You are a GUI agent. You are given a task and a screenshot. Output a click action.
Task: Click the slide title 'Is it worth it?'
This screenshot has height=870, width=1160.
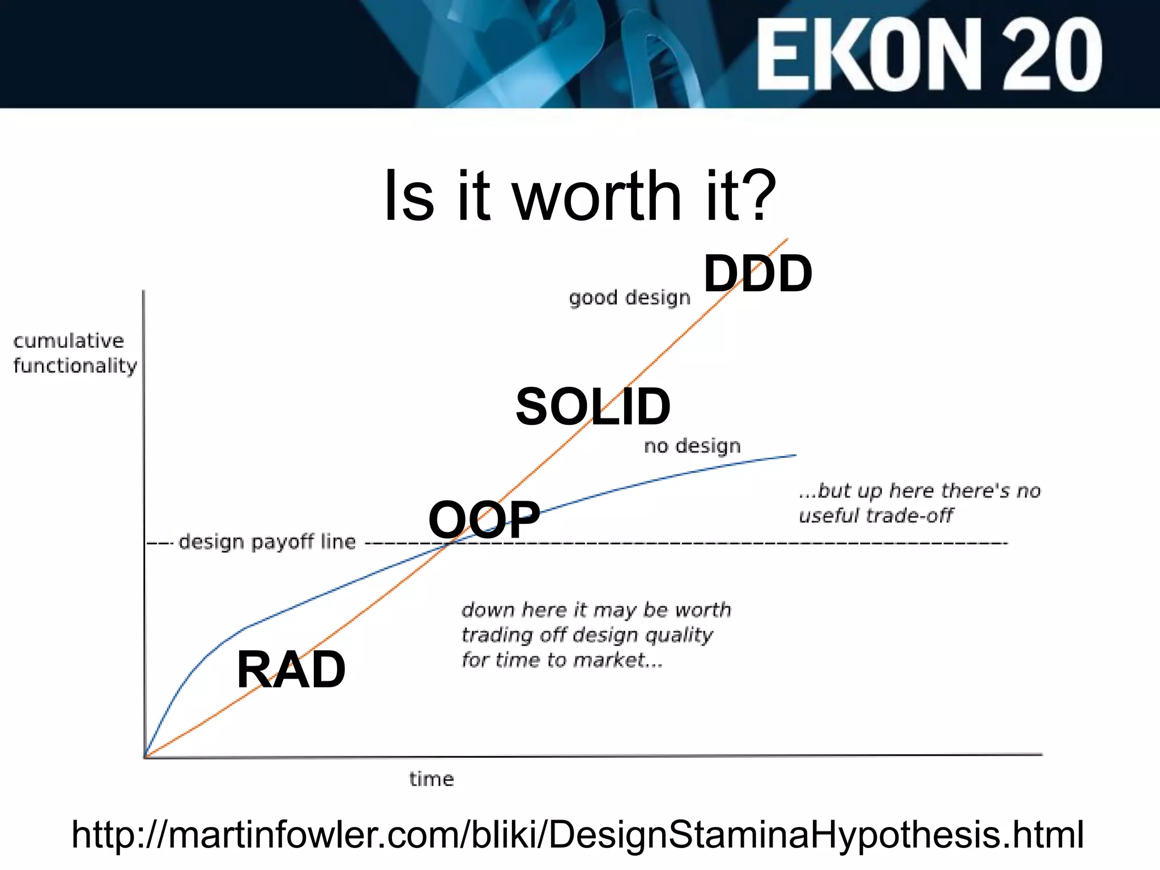[580, 195]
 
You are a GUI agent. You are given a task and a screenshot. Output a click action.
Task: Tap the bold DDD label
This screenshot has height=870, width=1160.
[757, 274]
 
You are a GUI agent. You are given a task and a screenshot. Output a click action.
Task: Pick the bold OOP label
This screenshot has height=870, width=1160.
[484, 519]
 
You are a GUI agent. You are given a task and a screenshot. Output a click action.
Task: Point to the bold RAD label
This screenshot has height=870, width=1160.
[291, 669]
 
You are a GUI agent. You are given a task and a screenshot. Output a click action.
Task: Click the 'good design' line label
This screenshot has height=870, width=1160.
[629, 297]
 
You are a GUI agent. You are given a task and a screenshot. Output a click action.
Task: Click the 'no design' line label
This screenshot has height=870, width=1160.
[692, 446]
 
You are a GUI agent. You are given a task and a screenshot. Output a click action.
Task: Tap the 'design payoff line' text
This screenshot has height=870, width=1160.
[267, 542]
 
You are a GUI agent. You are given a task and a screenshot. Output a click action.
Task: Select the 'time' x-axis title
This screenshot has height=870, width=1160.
[432, 779]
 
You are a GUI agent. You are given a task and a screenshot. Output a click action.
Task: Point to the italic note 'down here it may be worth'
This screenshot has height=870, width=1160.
[596, 610]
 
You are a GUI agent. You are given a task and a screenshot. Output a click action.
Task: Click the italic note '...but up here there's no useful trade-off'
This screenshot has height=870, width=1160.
[919, 503]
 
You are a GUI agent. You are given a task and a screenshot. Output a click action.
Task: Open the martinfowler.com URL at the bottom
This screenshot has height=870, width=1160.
[578, 834]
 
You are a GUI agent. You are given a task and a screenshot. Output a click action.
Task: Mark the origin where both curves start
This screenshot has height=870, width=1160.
[146, 756]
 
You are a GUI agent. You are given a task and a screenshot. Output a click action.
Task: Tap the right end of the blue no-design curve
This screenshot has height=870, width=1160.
[795, 455]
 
